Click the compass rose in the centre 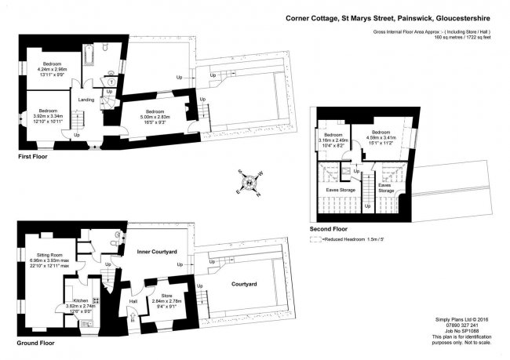[x=250, y=184]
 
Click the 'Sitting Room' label [x=49, y=258]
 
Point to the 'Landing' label [x=86, y=100]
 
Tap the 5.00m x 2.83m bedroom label [x=153, y=116]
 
